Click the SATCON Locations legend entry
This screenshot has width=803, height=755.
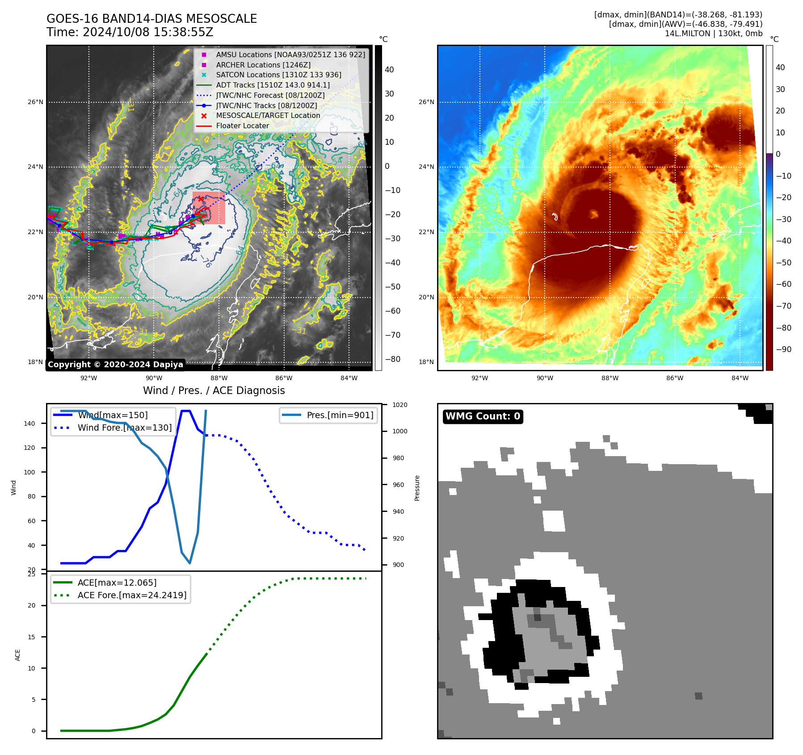click(278, 75)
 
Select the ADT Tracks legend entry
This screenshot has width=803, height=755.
click(273, 85)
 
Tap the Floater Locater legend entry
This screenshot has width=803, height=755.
click(242, 126)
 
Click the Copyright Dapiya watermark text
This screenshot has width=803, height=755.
click(115, 365)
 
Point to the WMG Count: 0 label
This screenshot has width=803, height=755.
click(483, 416)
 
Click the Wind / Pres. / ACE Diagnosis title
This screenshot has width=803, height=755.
click(214, 390)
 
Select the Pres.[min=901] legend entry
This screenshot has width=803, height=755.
click(340, 415)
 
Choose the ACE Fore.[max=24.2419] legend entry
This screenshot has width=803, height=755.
click(132, 595)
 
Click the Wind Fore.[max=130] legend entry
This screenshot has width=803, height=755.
click(124, 428)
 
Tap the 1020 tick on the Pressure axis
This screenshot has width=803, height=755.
click(399, 405)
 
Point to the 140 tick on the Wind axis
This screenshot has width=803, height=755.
click(29, 424)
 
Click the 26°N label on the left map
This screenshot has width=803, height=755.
click(36, 102)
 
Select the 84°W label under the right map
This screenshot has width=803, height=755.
click(740, 378)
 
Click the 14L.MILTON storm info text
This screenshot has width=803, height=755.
click(713, 34)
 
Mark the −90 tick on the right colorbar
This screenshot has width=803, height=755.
click(783, 349)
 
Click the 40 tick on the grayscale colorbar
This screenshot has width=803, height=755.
click(389, 70)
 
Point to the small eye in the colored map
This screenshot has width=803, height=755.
click(593, 214)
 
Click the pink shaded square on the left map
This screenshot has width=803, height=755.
click(209, 208)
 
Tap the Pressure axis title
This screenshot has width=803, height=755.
click(417, 488)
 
